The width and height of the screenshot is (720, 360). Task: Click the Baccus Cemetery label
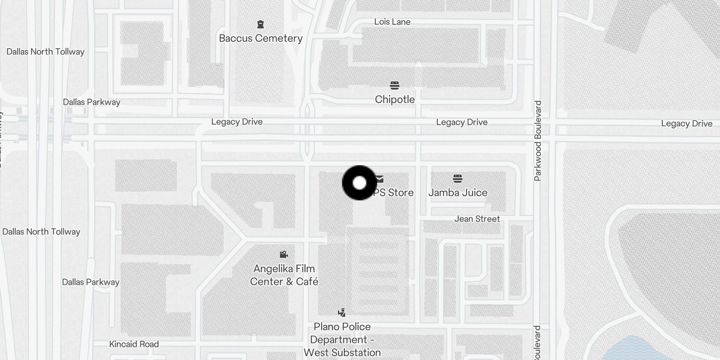click(x=261, y=38)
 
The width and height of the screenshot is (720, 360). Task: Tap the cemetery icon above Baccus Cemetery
click(x=260, y=24)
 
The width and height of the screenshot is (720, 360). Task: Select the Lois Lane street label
click(x=392, y=22)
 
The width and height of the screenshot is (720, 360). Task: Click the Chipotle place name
click(x=395, y=99)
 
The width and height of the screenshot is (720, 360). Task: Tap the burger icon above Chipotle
click(x=395, y=85)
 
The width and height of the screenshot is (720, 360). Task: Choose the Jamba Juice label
click(x=458, y=193)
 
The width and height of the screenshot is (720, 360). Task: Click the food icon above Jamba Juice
click(x=458, y=179)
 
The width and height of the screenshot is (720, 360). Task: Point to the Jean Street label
click(x=477, y=219)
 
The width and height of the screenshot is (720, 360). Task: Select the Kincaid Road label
click(x=134, y=344)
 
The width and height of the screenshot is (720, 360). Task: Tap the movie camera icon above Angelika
click(x=283, y=255)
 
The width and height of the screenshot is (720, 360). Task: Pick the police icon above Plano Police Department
click(x=342, y=312)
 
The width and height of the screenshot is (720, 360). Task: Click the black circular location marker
click(x=359, y=183)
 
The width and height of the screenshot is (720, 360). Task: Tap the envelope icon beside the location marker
click(x=380, y=179)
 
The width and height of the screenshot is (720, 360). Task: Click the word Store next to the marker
click(x=400, y=193)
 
